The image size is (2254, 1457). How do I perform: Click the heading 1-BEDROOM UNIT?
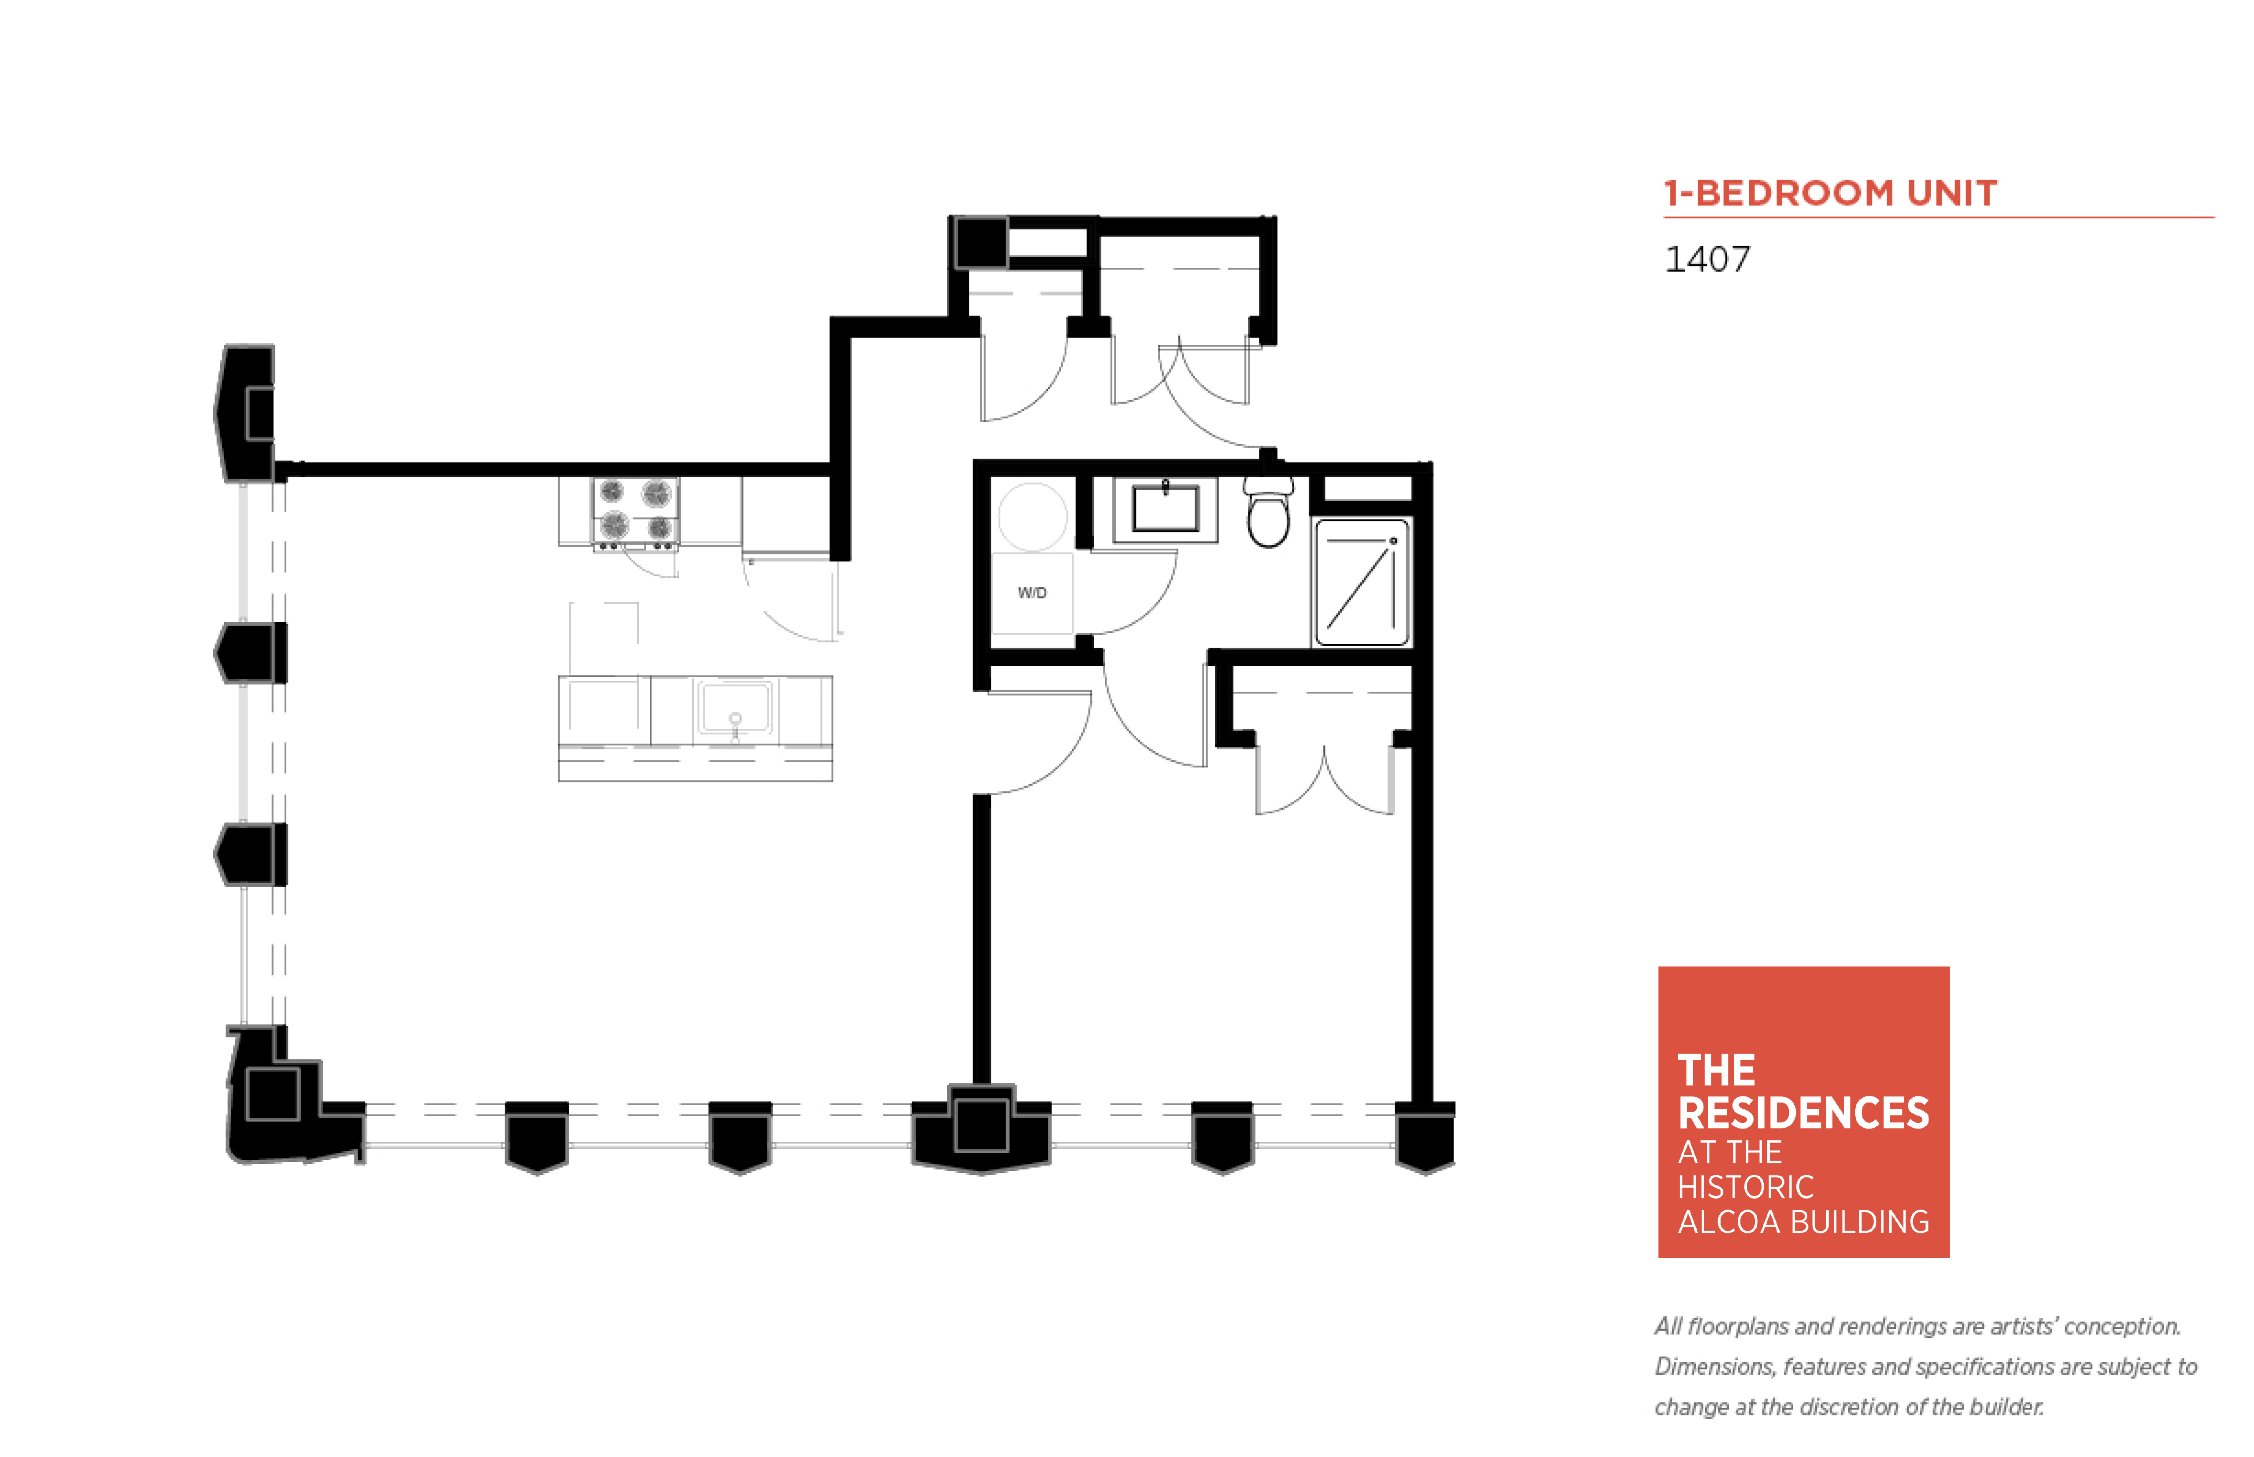coord(1830,193)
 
